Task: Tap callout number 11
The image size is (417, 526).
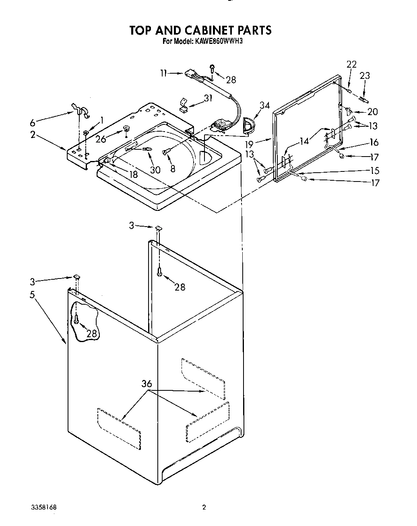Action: (163, 73)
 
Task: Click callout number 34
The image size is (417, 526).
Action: (264, 105)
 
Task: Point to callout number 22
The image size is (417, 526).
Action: (351, 64)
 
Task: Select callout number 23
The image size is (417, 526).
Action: (365, 75)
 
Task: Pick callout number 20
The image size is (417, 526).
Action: (373, 112)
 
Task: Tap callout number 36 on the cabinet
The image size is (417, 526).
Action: (147, 384)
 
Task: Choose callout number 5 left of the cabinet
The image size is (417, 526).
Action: (32, 295)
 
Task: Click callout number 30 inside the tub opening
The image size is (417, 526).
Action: (155, 169)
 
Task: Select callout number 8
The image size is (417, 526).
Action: (173, 169)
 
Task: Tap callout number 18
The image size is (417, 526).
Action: (133, 174)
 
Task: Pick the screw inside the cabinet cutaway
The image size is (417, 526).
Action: (76, 320)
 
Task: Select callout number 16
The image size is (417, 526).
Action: (374, 142)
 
